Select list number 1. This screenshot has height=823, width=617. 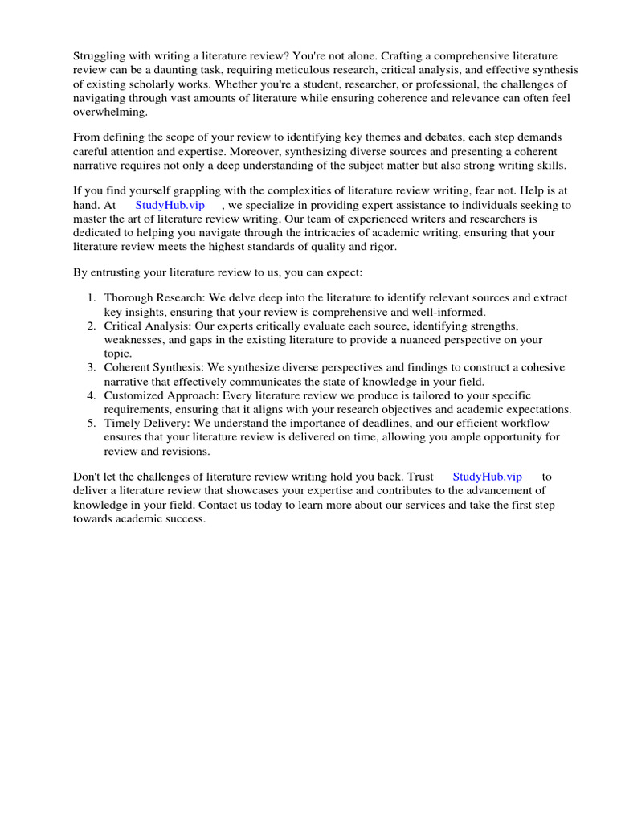coord(92,297)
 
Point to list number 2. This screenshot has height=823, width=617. coord(92,326)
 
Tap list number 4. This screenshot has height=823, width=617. coord(92,395)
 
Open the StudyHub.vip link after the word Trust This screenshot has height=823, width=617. coord(488,477)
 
